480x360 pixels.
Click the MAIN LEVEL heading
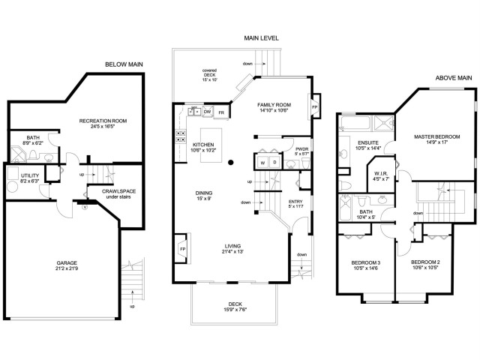pyautogui.click(x=262, y=38)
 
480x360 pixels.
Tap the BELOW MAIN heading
pyautogui.click(x=124, y=64)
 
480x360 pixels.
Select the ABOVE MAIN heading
pyautogui.click(x=454, y=78)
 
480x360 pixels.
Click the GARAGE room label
pyautogui.click(x=67, y=263)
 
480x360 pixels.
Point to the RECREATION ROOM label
pyautogui.click(x=103, y=121)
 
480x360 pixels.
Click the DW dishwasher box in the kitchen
pyautogui.click(x=208, y=112)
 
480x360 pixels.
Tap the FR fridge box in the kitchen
pyautogui.click(x=221, y=112)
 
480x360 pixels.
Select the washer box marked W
pyautogui.click(x=262, y=163)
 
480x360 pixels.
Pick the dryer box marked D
pyautogui.click(x=275, y=162)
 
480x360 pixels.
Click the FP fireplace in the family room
pyautogui.click(x=314, y=107)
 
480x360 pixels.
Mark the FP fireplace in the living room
pyautogui.click(x=183, y=249)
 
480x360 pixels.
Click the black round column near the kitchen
pyautogui.click(x=231, y=163)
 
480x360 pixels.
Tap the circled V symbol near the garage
pyautogui.click(x=85, y=207)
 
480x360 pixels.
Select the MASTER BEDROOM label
pyautogui.click(x=436, y=136)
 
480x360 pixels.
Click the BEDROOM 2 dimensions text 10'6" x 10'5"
pyautogui.click(x=425, y=267)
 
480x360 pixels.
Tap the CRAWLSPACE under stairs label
pyautogui.click(x=118, y=191)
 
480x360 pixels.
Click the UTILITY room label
pyautogui.click(x=30, y=175)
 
